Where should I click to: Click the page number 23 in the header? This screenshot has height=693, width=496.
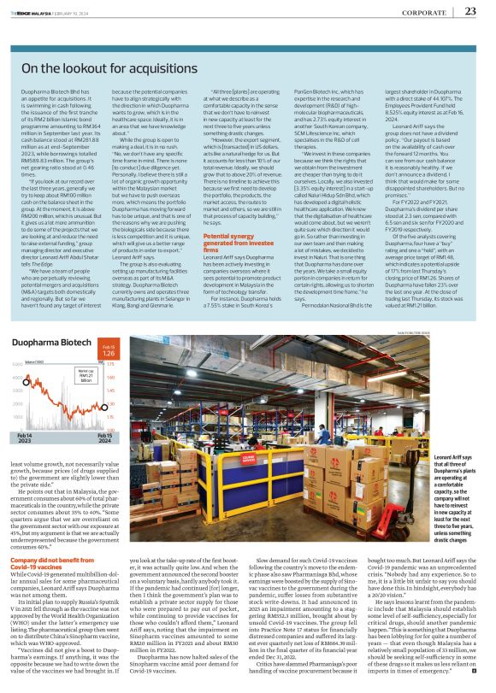point(470,11)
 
